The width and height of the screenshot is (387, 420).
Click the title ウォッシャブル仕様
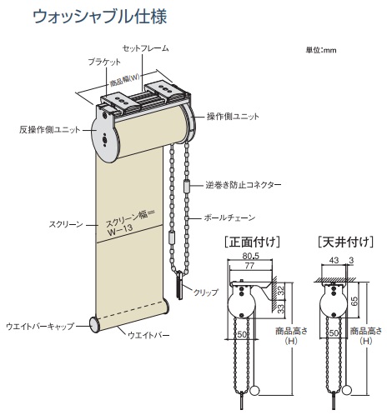pos(99,17)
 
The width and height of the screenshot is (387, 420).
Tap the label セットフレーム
pos(146,48)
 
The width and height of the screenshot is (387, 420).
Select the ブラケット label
pos(104,62)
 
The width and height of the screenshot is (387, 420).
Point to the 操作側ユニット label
pos(233,117)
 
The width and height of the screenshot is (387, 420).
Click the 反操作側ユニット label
pos(49,130)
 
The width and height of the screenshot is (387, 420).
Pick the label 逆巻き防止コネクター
pos(244,185)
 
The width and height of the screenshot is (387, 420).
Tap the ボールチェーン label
pos(229,217)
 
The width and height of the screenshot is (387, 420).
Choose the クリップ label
pos(206,292)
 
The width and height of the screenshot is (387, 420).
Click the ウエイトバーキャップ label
pos(40,326)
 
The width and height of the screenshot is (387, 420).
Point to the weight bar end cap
pos(95,323)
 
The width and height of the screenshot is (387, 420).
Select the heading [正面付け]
pos(252,242)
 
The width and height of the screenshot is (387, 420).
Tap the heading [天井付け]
pos(345,242)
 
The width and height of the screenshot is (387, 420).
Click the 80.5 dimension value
pos(250,256)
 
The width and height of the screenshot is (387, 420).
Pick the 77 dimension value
pos(249,266)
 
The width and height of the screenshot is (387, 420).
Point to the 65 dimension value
pos(354,301)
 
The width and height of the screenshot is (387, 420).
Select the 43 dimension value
pos(334,260)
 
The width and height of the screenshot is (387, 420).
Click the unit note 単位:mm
pos(321,50)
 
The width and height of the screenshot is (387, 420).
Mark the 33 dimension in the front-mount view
pos(281,307)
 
